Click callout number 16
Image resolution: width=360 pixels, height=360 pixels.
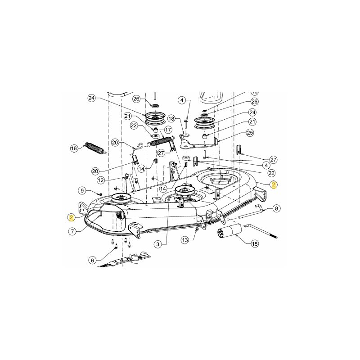pos(74,148)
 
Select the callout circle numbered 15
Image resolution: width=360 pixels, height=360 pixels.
pos(255,244)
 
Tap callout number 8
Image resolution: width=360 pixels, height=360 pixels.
pos(276,208)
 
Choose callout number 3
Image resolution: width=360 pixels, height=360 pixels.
pos(157,244)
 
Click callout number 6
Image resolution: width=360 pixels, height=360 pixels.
pos(93,260)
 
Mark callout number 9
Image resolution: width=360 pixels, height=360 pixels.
pos(81,190)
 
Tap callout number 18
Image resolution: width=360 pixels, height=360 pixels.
pos(171,118)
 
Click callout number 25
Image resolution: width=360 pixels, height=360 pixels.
pos(250,133)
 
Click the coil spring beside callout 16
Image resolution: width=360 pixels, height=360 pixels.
pos(94,148)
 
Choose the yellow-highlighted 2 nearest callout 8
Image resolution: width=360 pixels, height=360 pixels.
pos(274,184)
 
